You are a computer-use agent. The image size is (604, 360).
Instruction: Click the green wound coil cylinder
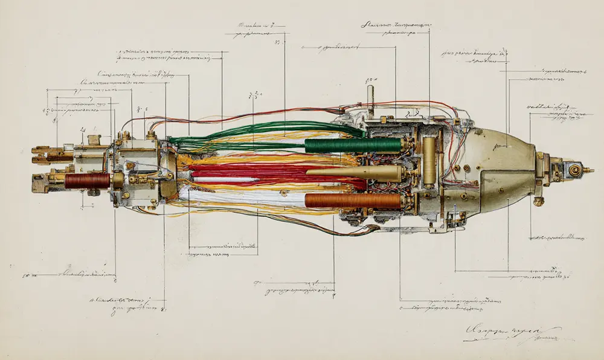click(353, 145)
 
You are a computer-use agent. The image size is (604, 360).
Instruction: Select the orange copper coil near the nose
click(353, 201)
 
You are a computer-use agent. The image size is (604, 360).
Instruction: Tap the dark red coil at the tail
click(87, 180)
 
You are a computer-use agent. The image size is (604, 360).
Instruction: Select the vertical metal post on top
click(370, 100)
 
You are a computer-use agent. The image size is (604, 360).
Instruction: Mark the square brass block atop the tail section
click(93, 140)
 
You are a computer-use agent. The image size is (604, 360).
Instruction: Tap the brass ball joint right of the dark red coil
click(118, 179)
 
